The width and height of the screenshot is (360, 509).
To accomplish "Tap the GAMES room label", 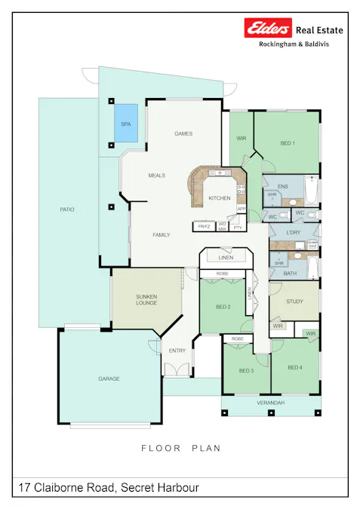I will point(183,133).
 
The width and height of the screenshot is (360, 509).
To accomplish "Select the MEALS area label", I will point(156,175).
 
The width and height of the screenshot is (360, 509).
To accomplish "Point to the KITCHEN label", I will point(219,198).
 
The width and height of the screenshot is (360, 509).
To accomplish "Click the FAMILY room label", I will point(161,235).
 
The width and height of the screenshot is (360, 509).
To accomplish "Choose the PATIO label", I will point(67,210).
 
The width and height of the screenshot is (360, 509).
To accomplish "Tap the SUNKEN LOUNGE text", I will point(146,299).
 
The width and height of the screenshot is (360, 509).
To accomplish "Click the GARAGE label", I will point(109,379).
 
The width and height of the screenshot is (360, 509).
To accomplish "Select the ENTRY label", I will point(177,351).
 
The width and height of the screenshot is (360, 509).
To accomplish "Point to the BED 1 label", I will point(288,143).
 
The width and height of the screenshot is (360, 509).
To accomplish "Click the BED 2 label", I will point(223,307).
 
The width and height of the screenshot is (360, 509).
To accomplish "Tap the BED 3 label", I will point(246,371).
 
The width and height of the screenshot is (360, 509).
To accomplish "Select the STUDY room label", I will point(295,302).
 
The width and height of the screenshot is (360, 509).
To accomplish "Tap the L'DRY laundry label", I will point(294,233).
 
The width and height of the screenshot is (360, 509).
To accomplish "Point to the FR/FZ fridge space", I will point(204,226).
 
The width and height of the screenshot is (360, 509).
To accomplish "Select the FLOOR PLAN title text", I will point(181,448).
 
